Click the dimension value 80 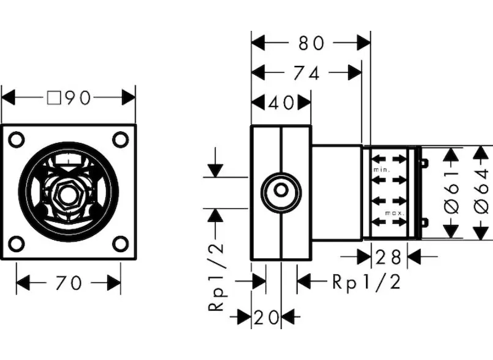click(x=311, y=43)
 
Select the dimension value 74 click(x=306, y=73)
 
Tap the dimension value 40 click(x=281, y=103)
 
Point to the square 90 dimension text click(x=69, y=98)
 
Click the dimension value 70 click(x=68, y=283)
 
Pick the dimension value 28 click(x=389, y=257)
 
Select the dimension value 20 click(x=266, y=317)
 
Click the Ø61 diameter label click(x=452, y=192)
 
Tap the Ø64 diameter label click(x=481, y=192)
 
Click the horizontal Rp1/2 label click(x=367, y=282)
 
